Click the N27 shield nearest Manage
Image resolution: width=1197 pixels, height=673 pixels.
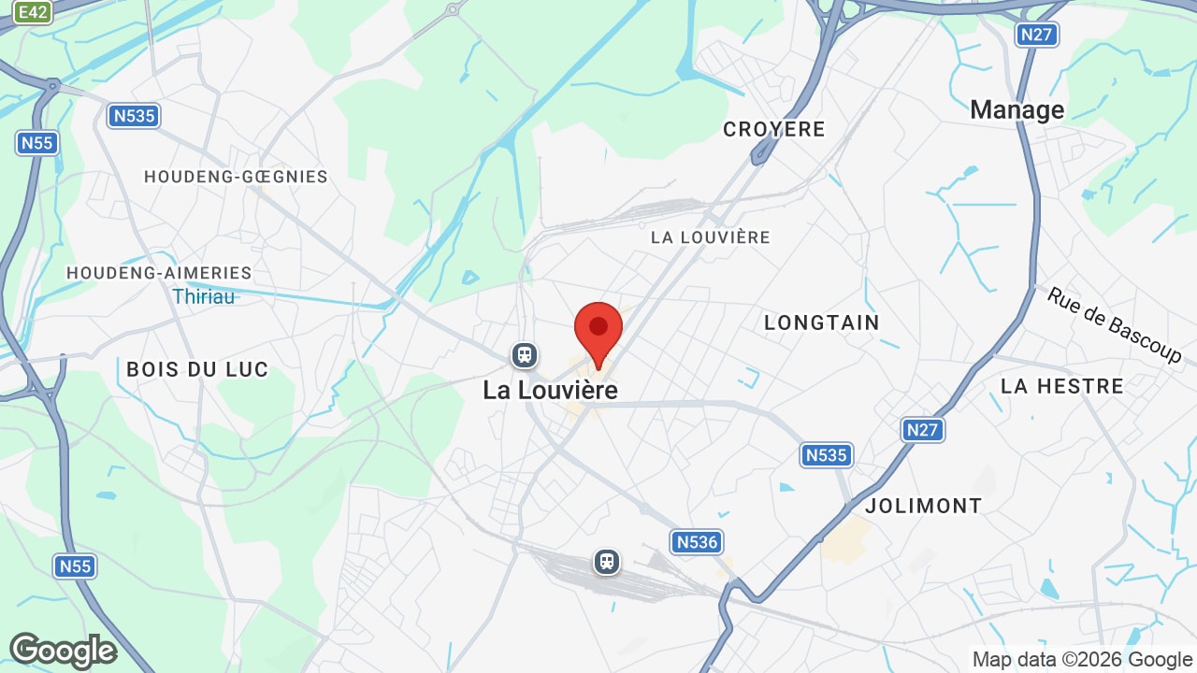coord(1037,35)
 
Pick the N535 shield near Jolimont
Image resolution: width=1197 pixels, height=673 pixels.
coord(826,455)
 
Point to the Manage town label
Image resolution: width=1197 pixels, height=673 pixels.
coord(1017,110)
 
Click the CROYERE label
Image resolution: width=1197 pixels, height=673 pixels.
coord(774,129)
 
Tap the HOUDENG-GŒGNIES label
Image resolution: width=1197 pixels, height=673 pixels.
coord(236,177)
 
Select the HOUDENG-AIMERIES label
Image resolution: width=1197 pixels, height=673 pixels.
coord(159,273)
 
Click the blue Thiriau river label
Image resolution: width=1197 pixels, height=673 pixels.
coord(204,296)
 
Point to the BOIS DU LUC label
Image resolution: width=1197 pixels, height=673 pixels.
coord(197,369)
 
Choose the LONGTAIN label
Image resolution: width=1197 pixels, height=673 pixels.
coord(822,322)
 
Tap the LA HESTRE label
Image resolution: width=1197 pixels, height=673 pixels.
coord(1062,386)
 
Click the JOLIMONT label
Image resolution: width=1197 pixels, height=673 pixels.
coord(924,506)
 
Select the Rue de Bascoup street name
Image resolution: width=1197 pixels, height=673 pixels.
coord(1114,325)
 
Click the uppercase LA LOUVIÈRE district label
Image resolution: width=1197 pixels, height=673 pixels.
coord(711,237)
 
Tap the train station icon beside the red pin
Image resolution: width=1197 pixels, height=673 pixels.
coord(524,355)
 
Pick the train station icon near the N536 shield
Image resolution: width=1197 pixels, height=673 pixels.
coord(607,562)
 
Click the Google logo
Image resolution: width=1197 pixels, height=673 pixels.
coord(63,651)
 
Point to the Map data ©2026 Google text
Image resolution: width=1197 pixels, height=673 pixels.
coord(1082,659)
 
